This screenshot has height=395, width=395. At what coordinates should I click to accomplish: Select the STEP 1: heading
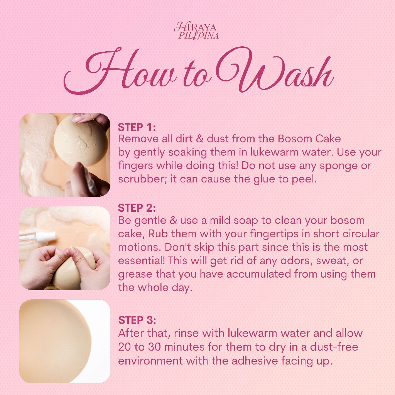point(137,127)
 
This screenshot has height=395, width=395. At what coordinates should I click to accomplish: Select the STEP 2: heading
point(137,208)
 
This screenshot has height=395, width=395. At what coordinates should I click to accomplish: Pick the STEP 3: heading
point(137,320)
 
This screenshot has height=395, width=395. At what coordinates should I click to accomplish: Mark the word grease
point(135,275)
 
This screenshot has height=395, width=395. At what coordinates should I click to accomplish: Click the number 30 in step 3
point(154,347)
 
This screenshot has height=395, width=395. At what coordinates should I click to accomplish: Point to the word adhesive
point(255,361)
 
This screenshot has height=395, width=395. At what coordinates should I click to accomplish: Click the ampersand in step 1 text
point(199,139)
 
